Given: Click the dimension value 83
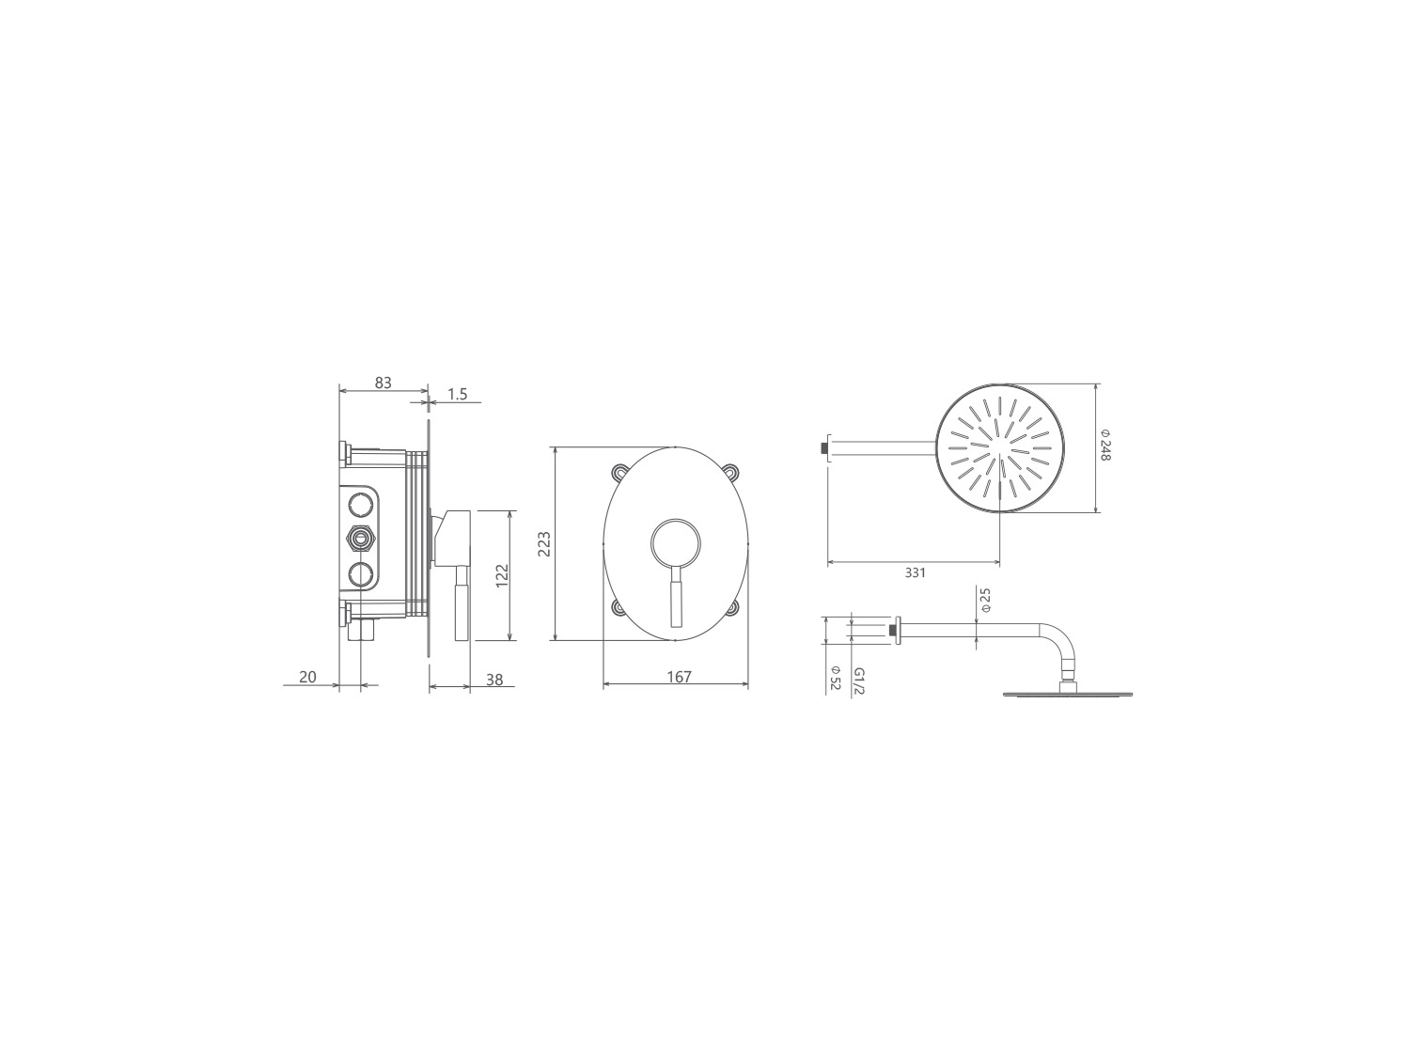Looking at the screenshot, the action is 383,383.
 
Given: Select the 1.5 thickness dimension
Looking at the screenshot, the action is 458,394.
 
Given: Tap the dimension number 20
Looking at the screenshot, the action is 307,677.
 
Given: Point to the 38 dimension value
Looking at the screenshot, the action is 494,680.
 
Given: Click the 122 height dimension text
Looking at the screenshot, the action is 502,575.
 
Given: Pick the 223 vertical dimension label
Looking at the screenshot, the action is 544,543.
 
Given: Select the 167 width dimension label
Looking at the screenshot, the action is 679,677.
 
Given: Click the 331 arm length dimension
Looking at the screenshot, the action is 916,572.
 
